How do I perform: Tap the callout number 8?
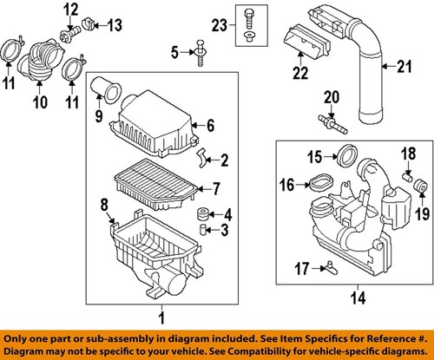(x=106, y=206)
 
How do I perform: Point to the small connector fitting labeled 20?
(x=329, y=120)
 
